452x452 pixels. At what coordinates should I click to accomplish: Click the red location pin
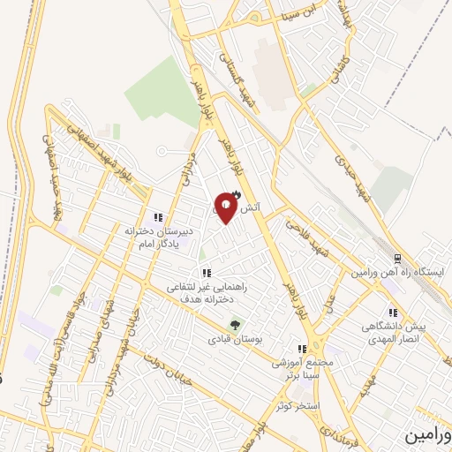226,209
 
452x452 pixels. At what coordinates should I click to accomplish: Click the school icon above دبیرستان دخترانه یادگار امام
158,217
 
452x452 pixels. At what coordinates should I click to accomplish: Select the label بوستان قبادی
231,338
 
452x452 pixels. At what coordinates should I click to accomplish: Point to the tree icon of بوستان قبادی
235,323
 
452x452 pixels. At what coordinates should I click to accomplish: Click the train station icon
397,259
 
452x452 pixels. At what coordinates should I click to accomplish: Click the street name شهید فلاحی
302,237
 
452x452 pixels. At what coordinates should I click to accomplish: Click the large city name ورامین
429,436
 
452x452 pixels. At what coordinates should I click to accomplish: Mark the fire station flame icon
235,196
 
